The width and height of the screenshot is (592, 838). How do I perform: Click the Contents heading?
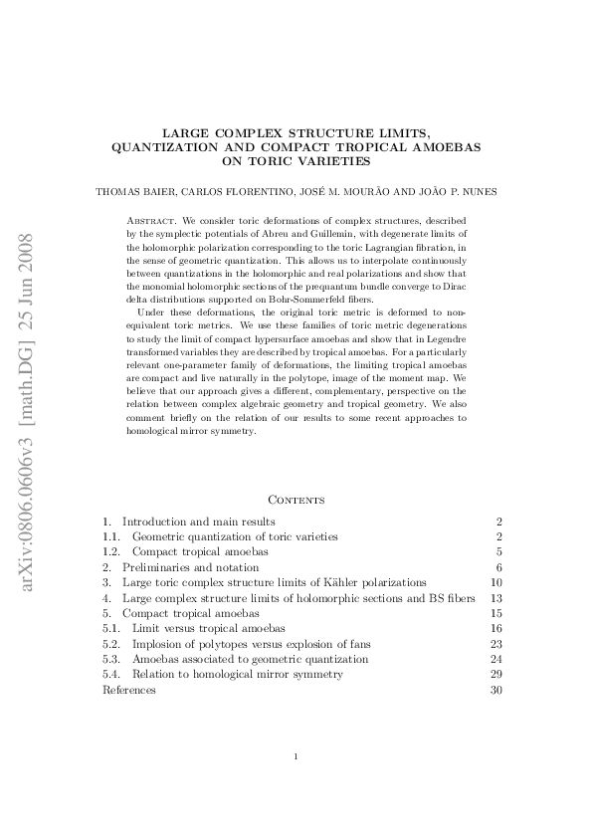coord(296,499)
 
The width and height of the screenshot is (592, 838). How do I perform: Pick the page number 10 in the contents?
coord(496,582)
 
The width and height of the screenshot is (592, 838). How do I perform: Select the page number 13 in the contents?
coord(496,598)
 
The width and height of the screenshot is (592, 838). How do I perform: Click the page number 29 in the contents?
coord(496,675)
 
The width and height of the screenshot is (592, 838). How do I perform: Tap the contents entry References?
coord(129,690)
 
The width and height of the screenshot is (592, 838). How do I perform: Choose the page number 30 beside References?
coord(496,690)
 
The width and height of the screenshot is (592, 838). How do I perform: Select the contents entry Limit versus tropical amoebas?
coord(208,629)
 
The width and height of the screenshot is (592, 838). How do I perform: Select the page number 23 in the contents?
coord(496,644)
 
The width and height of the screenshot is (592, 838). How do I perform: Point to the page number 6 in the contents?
coord(499,567)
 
